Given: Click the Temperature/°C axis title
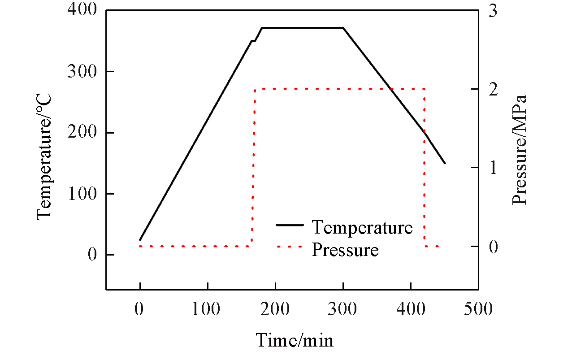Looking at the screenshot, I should (x=44, y=156).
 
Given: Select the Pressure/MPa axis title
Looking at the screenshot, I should (x=519, y=150).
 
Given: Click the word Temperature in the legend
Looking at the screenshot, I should (x=362, y=228).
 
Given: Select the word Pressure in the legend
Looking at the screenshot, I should (x=345, y=250).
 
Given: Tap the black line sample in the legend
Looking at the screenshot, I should (x=290, y=225).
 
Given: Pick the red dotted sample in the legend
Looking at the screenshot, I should (x=290, y=247).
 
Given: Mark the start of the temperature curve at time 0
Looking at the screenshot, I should (x=140, y=240).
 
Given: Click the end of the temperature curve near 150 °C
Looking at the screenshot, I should (x=445, y=163).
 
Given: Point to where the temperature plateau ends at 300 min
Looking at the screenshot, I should (x=343, y=28).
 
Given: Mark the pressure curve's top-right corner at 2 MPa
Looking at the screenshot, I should (x=424, y=89).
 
